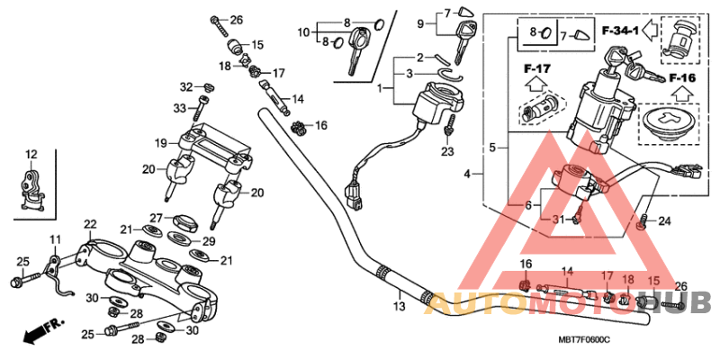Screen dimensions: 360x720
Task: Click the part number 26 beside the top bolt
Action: pyautogui.click(x=236, y=20)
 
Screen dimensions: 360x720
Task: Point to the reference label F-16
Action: pyautogui.click(x=681, y=79)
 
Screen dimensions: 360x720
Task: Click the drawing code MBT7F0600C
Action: pyautogui.click(x=583, y=339)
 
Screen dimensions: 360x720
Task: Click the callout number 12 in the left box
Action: pyautogui.click(x=31, y=153)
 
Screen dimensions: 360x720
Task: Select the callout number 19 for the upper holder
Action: pyautogui.click(x=160, y=143)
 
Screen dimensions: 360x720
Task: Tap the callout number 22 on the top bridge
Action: pyautogui.click(x=90, y=223)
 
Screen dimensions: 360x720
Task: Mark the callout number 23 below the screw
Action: pyautogui.click(x=448, y=152)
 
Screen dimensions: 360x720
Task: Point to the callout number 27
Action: pyautogui.click(x=155, y=218)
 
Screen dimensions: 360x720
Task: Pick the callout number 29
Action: pyautogui.click(x=209, y=242)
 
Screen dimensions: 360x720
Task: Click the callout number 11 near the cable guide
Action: pyautogui.click(x=54, y=238)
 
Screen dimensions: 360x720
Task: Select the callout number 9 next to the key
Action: pyautogui.click(x=420, y=22)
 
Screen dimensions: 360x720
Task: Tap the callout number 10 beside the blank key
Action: pyautogui.click(x=304, y=32)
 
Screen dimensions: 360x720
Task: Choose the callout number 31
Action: pyautogui.click(x=558, y=220)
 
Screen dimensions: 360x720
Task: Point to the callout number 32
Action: pyautogui.click(x=185, y=87)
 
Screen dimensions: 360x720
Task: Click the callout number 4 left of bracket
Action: pyautogui.click(x=467, y=174)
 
